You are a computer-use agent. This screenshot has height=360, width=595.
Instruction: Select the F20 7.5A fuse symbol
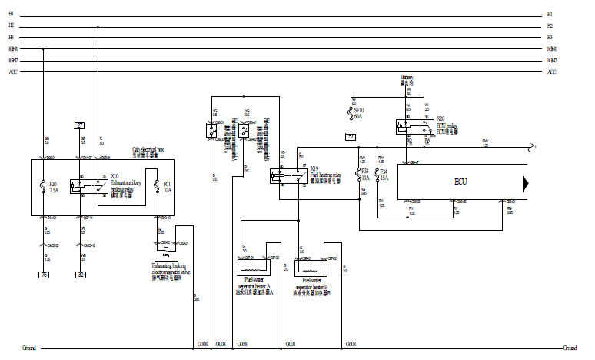(43, 185)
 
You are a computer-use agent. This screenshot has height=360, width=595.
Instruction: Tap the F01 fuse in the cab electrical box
(159, 185)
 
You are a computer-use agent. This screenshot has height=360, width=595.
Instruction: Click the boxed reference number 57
(352, 138)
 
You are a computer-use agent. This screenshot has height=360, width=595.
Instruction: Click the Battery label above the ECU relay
(407, 78)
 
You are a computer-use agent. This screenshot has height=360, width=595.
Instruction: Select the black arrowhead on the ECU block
(527, 183)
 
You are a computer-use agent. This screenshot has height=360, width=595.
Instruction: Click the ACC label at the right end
(551, 72)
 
